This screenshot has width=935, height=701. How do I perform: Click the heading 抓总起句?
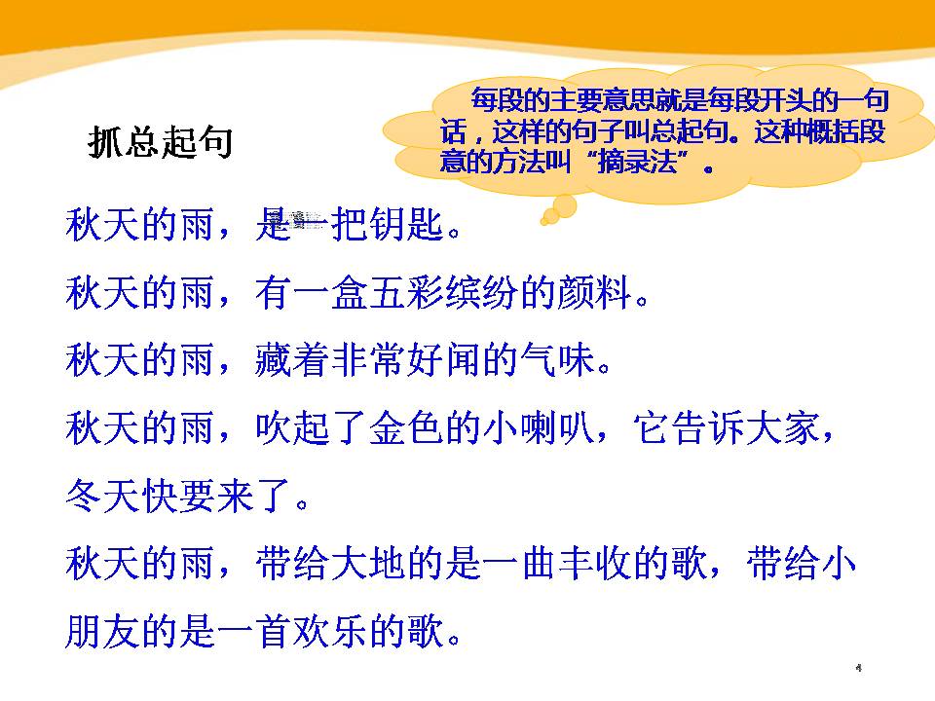coord(160,143)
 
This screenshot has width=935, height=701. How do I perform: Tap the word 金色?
coord(393,429)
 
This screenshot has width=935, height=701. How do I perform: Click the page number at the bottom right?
coord(859,668)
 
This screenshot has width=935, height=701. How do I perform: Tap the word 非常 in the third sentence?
coord(393,361)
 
